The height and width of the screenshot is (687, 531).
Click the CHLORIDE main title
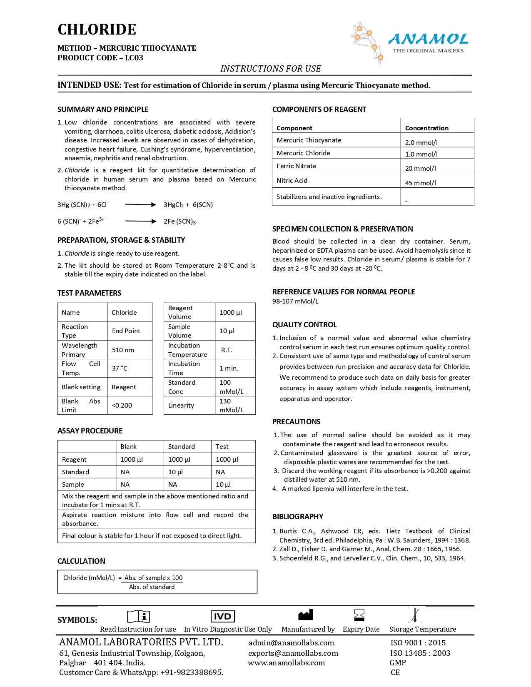[x=97, y=30]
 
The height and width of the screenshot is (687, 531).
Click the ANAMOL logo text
[x=428, y=40]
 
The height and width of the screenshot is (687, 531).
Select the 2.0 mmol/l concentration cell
[x=421, y=142]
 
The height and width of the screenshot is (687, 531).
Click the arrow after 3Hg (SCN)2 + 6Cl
[x=140, y=204]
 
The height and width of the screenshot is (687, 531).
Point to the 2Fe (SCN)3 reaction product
[x=179, y=222]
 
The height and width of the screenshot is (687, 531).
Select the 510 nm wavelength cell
[x=123, y=350]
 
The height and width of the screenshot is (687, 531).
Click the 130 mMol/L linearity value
[x=231, y=406]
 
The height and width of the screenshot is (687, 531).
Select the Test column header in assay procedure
[x=222, y=447]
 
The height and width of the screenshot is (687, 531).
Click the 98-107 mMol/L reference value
[x=295, y=301]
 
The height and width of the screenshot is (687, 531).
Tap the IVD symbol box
[x=222, y=617]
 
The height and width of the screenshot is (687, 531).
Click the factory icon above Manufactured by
[x=306, y=615]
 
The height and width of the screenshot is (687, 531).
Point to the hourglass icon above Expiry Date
[x=359, y=615]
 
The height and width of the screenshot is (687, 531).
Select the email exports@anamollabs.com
[x=293, y=653]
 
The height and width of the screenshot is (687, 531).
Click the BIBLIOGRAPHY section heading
[x=298, y=517]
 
